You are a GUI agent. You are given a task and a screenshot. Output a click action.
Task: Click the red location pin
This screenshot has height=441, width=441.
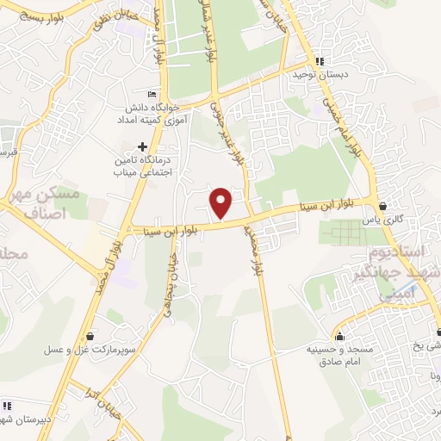(x=222, y=202)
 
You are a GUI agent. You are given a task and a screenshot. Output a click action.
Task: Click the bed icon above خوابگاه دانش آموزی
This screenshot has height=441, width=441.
(x=152, y=94)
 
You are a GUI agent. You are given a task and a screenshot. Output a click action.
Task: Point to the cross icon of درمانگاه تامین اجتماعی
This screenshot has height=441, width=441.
(x=142, y=146)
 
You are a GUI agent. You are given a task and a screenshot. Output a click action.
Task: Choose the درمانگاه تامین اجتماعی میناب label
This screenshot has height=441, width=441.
(x=142, y=165)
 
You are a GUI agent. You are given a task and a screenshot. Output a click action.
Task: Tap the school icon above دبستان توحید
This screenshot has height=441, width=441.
(x=320, y=62)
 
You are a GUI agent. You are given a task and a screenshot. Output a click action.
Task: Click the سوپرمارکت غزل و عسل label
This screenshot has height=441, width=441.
(x=90, y=351)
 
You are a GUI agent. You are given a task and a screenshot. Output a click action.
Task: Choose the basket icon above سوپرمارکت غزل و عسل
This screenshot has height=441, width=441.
(x=90, y=336)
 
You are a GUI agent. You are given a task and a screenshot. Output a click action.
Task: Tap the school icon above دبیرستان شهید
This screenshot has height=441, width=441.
(x=8, y=406)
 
